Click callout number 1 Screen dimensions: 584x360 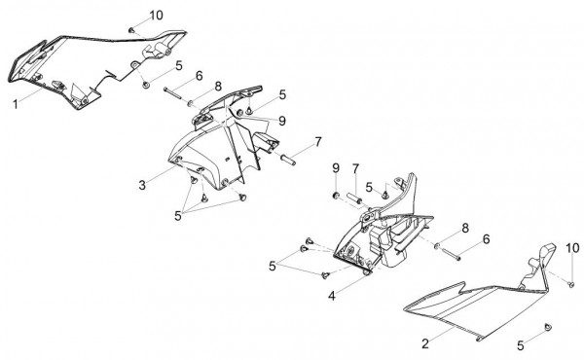tap(16, 105)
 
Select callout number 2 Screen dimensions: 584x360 tap(425, 343)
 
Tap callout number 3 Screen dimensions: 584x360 tap(142, 185)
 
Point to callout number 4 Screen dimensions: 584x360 tap(332, 296)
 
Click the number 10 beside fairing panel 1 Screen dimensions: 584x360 tap(157, 16)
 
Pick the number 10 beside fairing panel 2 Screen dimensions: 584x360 tap(573, 247)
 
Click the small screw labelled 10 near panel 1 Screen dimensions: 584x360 tap(131, 30)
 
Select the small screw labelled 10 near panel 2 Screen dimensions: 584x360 tap(570, 284)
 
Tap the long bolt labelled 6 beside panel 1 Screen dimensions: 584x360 tap(172, 92)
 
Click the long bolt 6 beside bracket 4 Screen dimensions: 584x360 tap(451, 253)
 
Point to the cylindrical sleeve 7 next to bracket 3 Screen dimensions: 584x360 tap(289, 160)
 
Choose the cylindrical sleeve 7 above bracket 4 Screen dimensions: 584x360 tap(354, 198)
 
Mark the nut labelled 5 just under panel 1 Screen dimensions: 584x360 tap(146, 85)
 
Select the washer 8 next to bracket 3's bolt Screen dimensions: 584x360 tap(190, 103)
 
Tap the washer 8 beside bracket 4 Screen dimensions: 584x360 tap(436, 246)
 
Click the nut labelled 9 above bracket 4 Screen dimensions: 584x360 tap(336, 195)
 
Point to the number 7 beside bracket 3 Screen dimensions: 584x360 tap(317, 142)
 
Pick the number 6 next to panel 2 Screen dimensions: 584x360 tap(486, 239)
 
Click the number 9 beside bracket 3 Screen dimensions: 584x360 tap(282, 121)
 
